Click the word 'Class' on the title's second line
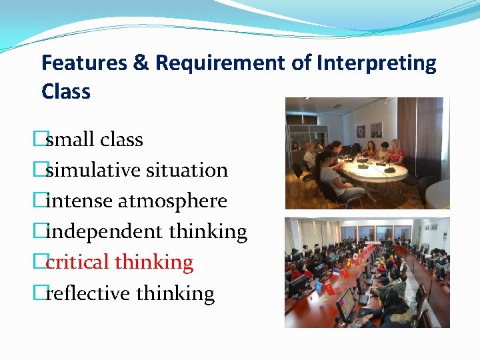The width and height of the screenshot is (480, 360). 65,91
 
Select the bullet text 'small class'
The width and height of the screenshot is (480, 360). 94,139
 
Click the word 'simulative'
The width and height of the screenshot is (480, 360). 91,170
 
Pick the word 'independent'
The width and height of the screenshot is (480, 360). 104,232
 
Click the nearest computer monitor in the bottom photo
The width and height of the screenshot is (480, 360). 345,303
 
